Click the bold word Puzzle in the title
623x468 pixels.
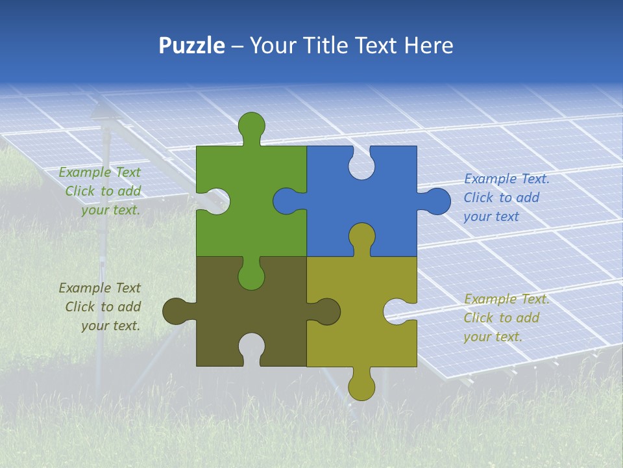click(192, 45)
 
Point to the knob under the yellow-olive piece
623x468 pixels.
click(361, 387)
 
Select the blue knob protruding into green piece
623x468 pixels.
click(286, 201)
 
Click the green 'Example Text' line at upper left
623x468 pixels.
click(99, 172)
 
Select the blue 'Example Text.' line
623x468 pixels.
click(507, 179)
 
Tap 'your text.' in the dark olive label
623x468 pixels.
click(110, 326)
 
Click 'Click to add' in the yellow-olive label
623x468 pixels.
click(501, 318)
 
